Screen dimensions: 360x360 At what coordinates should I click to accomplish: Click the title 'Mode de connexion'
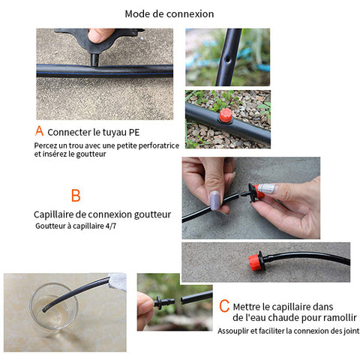(169, 14)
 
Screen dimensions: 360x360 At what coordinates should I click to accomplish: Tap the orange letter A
(39, 130)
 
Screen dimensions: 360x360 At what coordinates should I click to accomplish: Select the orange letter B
(76, 196)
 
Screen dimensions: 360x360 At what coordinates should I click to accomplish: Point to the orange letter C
(224, 306)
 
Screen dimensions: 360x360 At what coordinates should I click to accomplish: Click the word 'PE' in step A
(134, 133)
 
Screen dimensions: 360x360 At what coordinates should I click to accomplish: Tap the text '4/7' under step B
(111, 226)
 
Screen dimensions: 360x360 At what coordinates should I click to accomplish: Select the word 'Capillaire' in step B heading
(53, 214)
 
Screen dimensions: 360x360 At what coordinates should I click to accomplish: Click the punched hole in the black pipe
(228, 60)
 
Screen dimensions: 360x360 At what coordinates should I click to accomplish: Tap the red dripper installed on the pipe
(226, 115)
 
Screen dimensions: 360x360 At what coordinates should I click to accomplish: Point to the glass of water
(54, 309)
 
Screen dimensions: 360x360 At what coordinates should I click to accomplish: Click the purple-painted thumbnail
(214, 200)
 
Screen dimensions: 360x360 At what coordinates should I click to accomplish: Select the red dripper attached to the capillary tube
(256, 261)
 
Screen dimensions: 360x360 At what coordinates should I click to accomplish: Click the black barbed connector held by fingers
(163, 302)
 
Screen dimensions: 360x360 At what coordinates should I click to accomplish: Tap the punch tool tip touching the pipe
(94, 60)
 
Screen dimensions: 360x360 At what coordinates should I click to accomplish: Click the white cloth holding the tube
(118, 281)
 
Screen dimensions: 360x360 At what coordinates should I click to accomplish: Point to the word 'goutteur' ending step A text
(91, 154)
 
